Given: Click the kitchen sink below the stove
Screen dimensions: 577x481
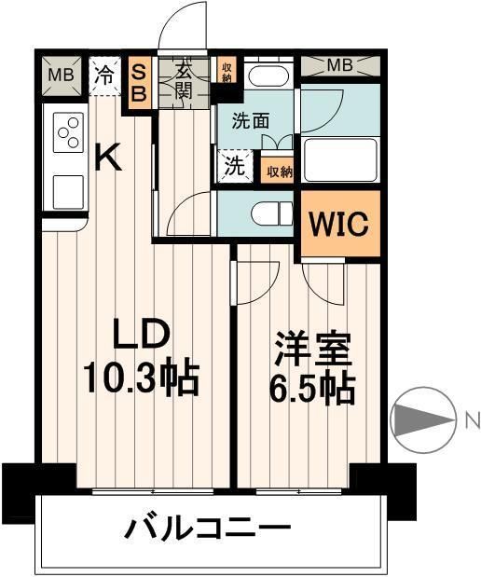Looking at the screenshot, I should click(x=67, y=191).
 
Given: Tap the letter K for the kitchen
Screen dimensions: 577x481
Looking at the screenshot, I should click(x=110, y=158).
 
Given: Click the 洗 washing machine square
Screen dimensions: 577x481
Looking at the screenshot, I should click(x=234, y=170).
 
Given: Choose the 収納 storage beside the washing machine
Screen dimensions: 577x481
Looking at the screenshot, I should click(x=278, y=171).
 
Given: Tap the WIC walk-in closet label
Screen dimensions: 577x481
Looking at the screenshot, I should click(x=340, y=224).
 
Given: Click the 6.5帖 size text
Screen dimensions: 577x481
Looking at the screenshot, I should click(x=311, y=389).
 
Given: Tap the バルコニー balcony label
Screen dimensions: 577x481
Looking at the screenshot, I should click(x=210, y=529).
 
